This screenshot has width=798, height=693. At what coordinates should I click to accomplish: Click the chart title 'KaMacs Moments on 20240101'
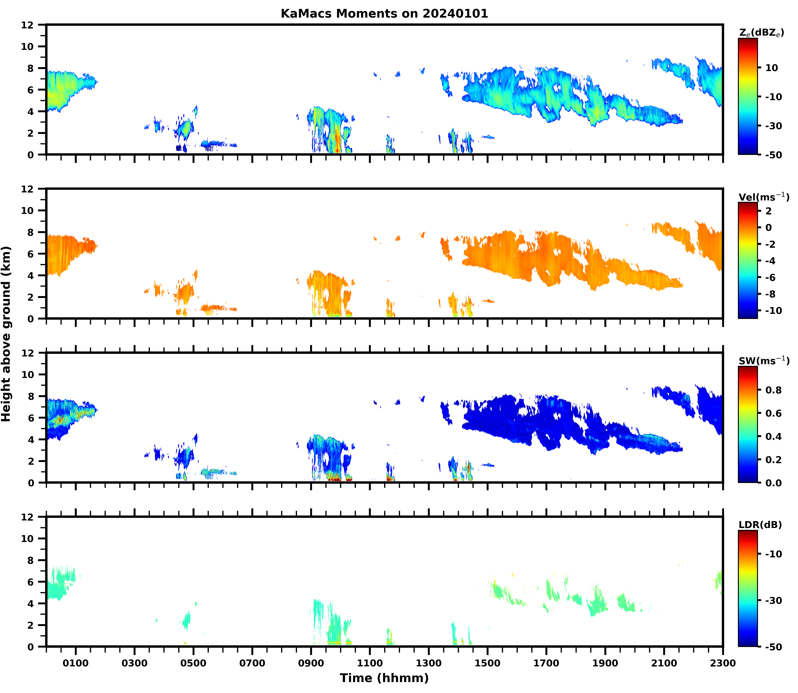(384, 13)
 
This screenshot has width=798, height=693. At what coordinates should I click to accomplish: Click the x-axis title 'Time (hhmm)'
(384, 678)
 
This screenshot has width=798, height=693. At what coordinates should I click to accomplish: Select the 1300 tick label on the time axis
(429, 663)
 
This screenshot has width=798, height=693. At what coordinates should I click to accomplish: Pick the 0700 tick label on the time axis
(252, 663)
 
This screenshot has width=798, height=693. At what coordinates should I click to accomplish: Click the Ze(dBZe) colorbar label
(761, 33)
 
